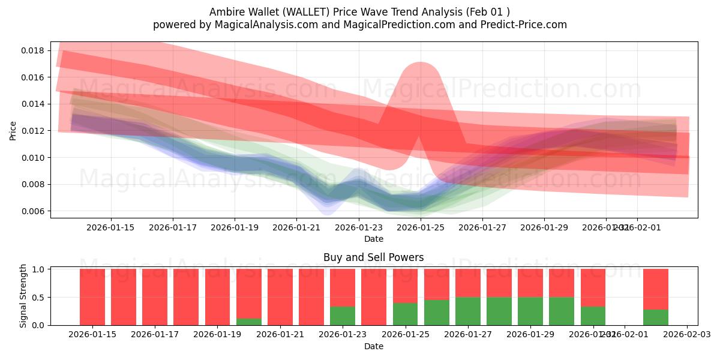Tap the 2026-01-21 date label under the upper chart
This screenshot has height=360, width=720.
tap(296, 227)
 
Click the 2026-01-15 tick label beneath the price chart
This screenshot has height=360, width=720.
tap(110, 227)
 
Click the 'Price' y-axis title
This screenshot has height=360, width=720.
tap(13, 130)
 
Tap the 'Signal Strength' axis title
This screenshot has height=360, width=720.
tap(23, 296)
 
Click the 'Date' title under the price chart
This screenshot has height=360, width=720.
tap(373, 239)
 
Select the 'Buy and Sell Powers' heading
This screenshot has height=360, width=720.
tap(373, 257)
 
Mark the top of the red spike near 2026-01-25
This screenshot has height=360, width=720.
tap(420, 63)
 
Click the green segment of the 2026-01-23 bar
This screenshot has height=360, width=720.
tap(343, 316)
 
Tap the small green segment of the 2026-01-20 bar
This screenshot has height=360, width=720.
tap(248, 322)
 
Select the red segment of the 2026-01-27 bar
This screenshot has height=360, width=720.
tap(467, 283)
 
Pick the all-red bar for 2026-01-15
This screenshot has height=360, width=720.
tap(92, 297)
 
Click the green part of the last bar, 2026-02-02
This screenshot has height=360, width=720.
tap(655, 317)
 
